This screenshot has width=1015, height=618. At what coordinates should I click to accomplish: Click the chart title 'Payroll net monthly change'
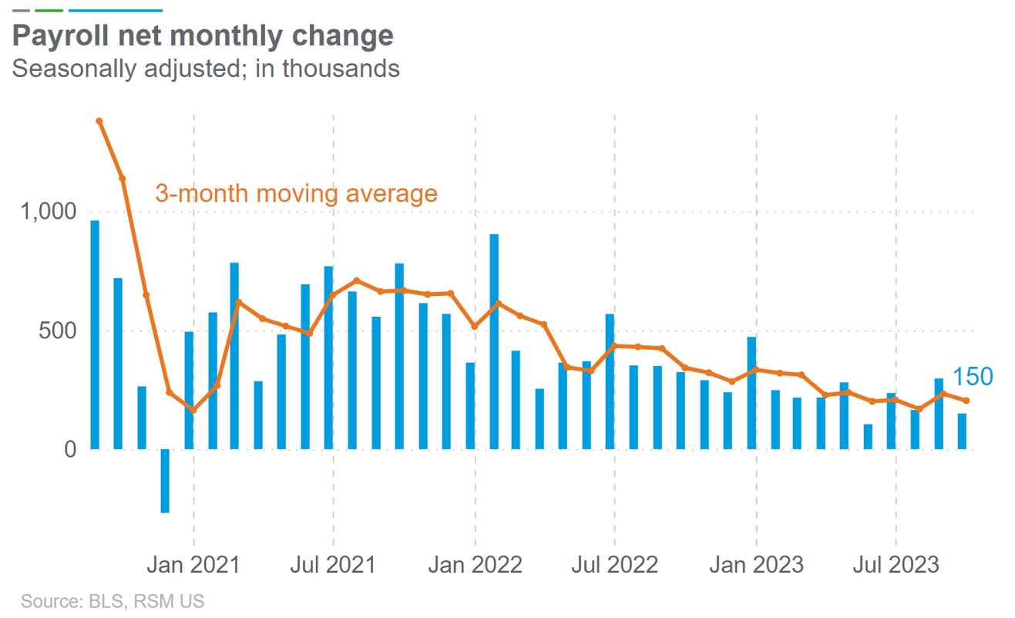pos(203,35)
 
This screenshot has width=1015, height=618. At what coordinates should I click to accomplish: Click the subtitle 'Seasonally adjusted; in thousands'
pos(206,69)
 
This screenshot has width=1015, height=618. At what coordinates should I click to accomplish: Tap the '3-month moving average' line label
pos(296,193)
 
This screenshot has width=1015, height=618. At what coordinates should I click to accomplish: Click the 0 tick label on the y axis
pos(71,449)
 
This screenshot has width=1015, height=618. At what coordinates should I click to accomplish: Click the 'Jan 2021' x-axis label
pos(193,565)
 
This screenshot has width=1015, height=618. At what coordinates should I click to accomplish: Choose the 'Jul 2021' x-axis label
pos(333,565)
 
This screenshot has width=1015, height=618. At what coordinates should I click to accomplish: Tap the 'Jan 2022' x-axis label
pos(475,565)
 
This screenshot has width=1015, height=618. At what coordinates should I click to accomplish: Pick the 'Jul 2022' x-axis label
pos(614,565)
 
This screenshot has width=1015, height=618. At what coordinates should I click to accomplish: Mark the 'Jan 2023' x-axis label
pos(756,565)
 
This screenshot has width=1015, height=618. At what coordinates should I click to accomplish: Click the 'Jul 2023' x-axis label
pos(896,565)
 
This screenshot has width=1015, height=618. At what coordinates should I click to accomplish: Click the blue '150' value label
pos(973,378)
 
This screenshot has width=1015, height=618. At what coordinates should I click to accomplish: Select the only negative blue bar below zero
pos(165,481)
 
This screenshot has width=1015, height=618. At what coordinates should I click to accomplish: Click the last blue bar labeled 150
pos(962,432)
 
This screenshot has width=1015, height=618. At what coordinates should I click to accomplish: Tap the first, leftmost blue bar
pos(95,335)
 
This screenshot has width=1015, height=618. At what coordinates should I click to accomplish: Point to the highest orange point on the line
pos(99,121)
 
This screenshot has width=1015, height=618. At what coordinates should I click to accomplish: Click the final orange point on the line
pos(966,401)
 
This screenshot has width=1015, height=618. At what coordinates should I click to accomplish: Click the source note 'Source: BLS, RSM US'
pos(113,601)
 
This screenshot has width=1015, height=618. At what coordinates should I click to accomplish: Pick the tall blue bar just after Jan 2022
pos(494,341)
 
